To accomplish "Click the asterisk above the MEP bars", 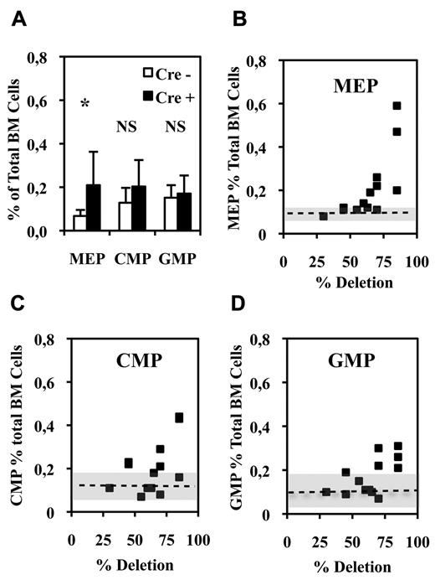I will pos(85,103).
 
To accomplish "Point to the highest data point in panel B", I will pos(397,106).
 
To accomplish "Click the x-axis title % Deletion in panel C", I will pos(134,563).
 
